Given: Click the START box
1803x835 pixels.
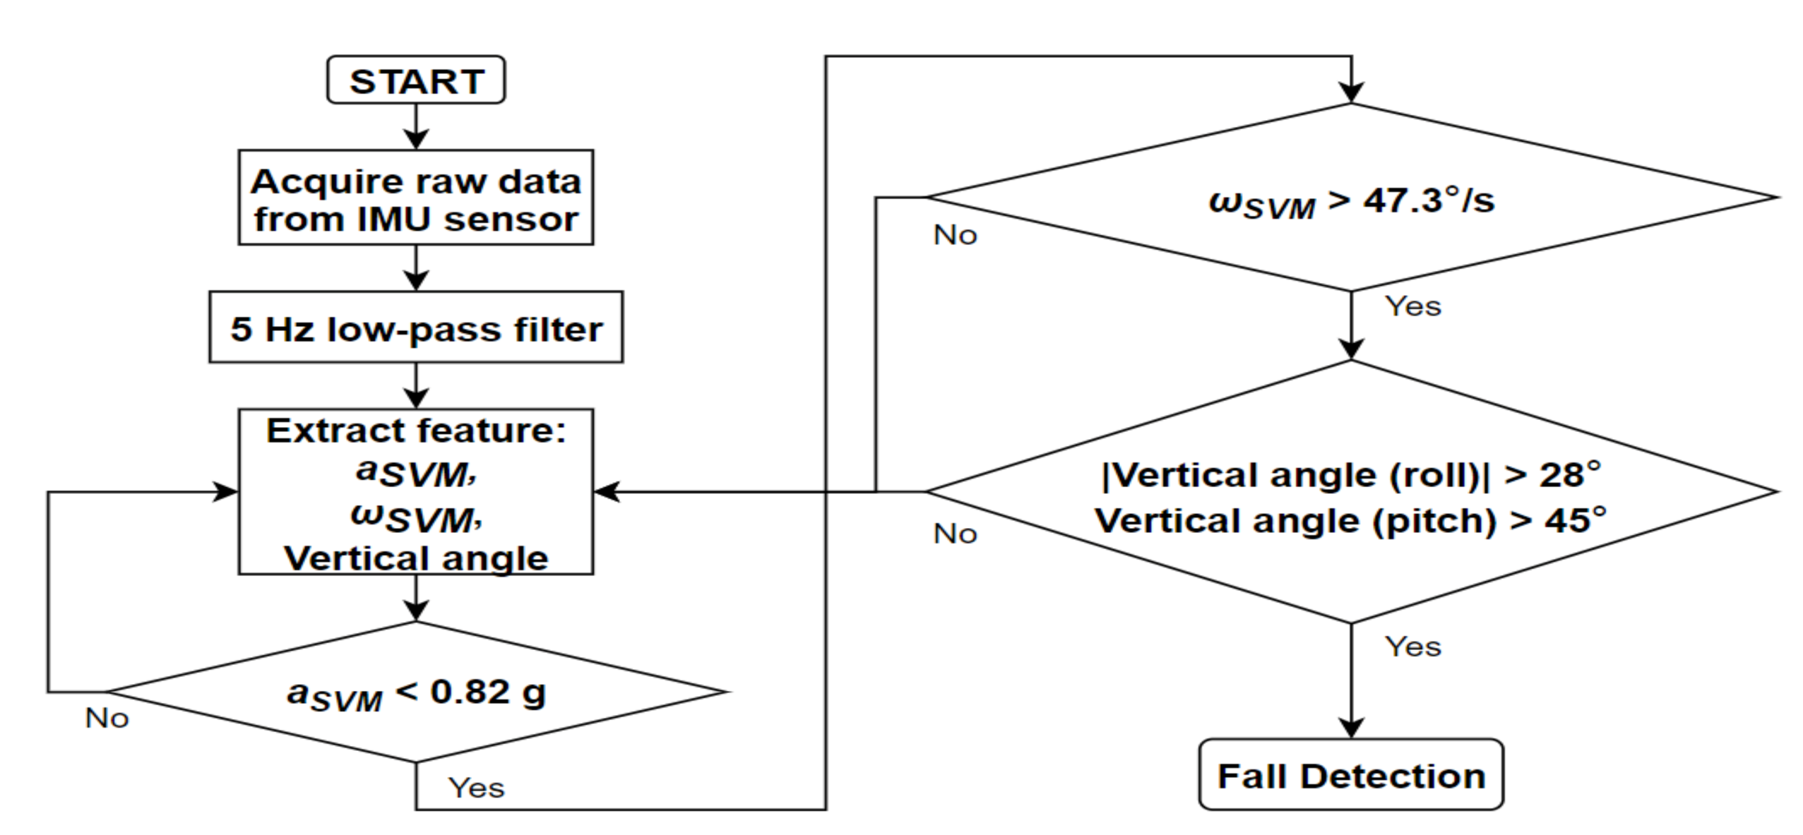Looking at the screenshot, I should click(416, 80).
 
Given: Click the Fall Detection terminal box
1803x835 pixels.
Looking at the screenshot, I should click(1350, 776).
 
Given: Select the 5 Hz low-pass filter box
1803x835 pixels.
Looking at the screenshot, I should click(416, 328).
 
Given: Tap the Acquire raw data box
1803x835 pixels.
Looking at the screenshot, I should click(416, 198).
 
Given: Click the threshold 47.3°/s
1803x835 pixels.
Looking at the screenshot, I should click(1428, 201).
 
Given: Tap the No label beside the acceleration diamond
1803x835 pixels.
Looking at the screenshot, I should click(106, 718).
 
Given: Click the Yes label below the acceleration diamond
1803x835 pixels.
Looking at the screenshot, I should click(476, 788).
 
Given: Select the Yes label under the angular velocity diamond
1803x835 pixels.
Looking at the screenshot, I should click(1412, 306).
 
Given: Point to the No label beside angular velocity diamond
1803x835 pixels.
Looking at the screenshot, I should click(955, 235).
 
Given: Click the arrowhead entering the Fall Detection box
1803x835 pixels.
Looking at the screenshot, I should click(1350, 728).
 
